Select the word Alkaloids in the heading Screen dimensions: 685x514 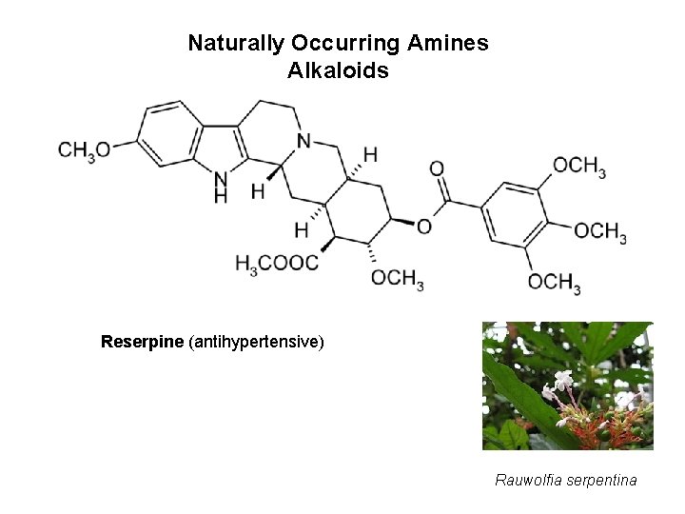[338, 70]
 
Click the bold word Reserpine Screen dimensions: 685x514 [143, 341]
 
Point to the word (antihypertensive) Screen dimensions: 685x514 [257, 341]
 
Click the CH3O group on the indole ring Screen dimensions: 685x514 [84, 148]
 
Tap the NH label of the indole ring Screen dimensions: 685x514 [221, 186]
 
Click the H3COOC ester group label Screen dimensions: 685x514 [277, 262]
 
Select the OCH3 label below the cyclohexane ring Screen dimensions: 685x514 [397, 278]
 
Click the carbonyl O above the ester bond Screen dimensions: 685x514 [437, 168]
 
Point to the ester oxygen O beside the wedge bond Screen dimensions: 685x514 [423, 226]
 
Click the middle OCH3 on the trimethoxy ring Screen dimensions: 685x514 [600, 231]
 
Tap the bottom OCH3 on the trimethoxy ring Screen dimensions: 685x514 [555, 281]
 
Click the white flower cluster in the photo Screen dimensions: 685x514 [562, 390]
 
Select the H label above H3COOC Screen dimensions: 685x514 [302, 229]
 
